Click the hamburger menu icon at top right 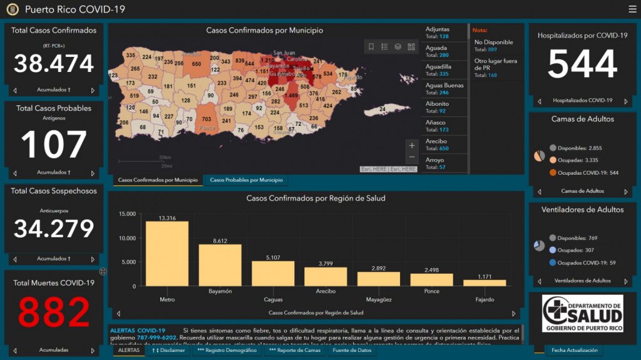(x=632, y=9)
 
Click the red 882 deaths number (x=53, y=312)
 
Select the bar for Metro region (x=167, y=254)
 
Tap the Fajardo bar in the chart (x=485, y=282)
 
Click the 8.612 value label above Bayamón (x=220, y=240)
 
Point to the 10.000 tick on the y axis (x=126, y=238)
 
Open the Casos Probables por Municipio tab (x=246, y=180)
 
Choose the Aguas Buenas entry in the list (x=444, y=89)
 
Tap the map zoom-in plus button (x=411, y=146)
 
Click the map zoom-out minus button (x=411, y=157)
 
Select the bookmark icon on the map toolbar (x=371, y=47)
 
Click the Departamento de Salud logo (x=582, y=314)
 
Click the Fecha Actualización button (x=575, y=351)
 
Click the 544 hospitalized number (x=582, y=64)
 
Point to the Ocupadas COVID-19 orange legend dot (x=553, y=172)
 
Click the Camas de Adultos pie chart (x=539, y=156)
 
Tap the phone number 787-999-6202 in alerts (x=156, y=337)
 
